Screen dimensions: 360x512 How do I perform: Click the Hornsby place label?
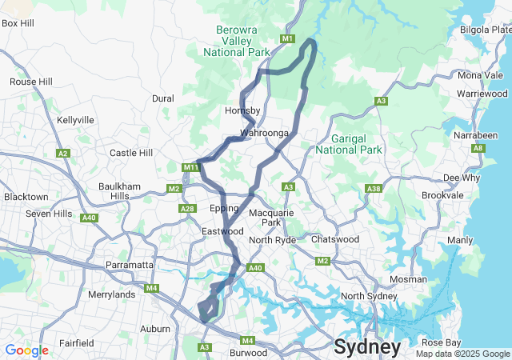(x=243, y=110)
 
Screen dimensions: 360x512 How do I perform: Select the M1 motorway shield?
(x=288, y=38)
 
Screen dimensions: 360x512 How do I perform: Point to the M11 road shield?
(x=190, y=167)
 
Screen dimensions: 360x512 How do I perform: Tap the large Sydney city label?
(x=367, y=347)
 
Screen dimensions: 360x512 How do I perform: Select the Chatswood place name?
(x=334, y=239)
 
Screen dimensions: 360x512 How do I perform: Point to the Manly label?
(x=460, y=240)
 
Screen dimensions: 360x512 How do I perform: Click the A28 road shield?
(x=187, y=209)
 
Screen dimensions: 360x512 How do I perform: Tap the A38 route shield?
(x=373, y=188)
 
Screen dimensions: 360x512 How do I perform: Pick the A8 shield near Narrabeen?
(x=478, y=148)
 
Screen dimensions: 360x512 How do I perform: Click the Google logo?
(x=26, y=350)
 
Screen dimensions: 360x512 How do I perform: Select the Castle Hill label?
(x=130, y=153)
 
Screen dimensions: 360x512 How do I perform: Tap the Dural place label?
(x=163, y=98)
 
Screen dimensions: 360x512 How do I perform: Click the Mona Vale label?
(x=481, y=75)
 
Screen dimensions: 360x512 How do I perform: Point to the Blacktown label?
(x=26, y=197)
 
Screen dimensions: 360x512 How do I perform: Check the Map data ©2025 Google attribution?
(x=462, y=354)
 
